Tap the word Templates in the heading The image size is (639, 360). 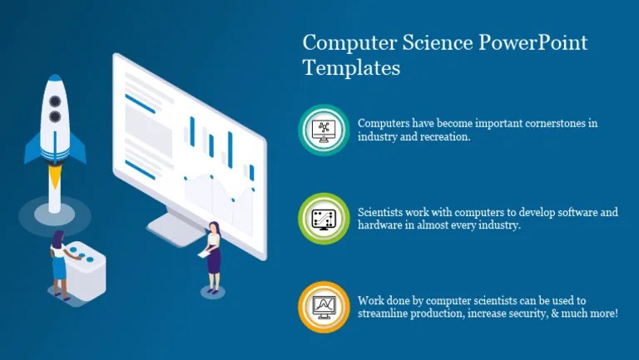(351, 68)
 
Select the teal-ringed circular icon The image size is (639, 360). (323, 130)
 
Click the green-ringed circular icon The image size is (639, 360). (323, 219)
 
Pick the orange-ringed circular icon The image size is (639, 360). (323, 307)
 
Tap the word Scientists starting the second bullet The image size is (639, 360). (384, 212)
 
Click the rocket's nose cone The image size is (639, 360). (55, 84)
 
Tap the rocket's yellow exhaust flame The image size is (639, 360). (55, 176)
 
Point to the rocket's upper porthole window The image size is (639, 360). (55, 101)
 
